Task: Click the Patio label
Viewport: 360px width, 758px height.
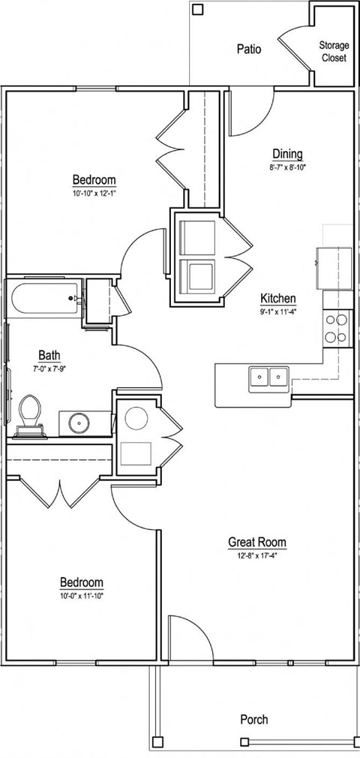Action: (249, 50)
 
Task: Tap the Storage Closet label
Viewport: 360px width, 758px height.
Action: (334, 51)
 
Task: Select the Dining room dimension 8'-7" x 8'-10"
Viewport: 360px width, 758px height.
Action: (288, 167)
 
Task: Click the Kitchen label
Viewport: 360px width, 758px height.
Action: (277, 297)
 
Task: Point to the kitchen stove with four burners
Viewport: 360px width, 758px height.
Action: (337, 328)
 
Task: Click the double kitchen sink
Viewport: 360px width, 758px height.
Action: (268, 377)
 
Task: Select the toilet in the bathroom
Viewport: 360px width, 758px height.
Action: (31, 415)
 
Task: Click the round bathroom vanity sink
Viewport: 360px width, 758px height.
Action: (78, 423)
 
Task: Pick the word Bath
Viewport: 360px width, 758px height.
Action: (50, 355)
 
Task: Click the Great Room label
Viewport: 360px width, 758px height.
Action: (257, 542)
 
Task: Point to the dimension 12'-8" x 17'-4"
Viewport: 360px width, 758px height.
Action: (257, 556)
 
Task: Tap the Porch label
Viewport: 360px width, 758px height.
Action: (253, 719)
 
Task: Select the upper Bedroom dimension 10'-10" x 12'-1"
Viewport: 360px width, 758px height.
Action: (94, 194)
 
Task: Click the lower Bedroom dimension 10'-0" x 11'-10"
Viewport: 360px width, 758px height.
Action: (82, 596)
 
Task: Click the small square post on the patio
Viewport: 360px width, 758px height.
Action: (198, 10)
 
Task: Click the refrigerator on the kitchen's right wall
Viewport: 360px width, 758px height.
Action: (334, 267)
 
